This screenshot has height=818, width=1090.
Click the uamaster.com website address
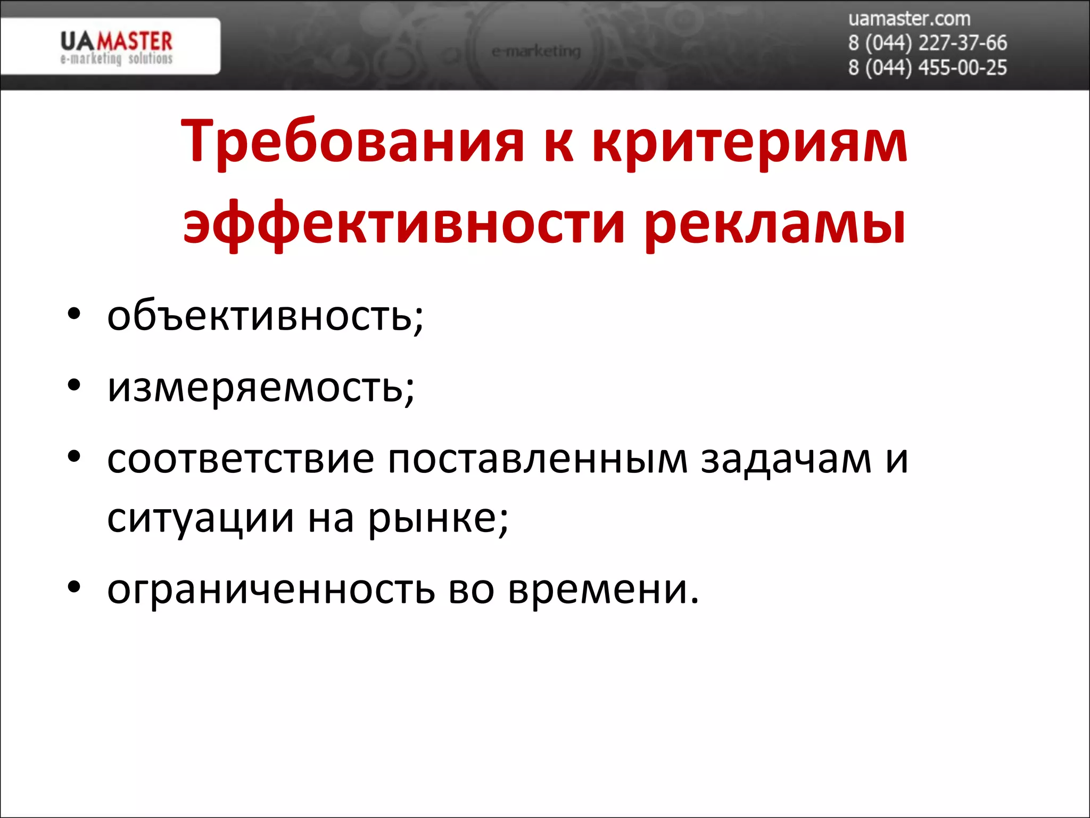tap(909, 19)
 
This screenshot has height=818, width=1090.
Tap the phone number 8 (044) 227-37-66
tap(927, 43)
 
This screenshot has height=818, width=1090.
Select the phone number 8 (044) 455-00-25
tap(927, 68)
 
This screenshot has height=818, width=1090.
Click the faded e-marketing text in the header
tap(536, 51)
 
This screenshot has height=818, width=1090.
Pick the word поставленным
tap(538, 459)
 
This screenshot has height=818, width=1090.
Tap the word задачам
tap(786, 459)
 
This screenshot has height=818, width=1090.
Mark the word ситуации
tap(200, 518)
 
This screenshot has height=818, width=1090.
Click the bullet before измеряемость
tap(74, 384)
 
